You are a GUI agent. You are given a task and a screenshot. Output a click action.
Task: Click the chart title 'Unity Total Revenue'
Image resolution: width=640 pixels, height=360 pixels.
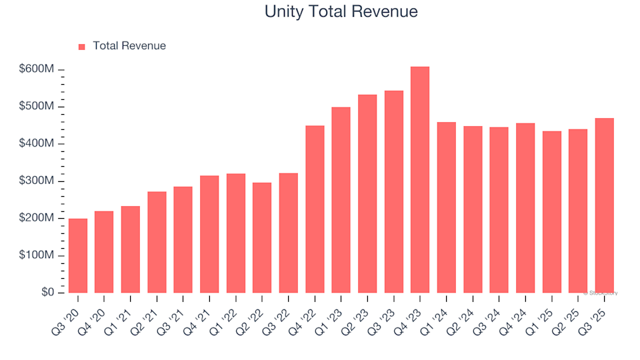[x=341, y=12]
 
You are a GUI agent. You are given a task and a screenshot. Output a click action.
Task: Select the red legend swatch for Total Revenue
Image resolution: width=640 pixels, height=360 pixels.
[x=82, y=47]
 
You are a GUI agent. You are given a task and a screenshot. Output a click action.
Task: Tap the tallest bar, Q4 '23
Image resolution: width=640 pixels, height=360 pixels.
[x=420, y=180]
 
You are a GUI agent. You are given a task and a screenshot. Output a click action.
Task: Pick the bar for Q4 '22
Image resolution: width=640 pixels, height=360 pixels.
[x=315, y=209]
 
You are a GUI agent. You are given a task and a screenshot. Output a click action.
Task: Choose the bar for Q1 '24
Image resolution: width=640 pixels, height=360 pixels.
[x=446, y=207]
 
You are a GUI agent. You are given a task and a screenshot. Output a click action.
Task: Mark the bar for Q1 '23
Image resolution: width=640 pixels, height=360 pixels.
[x=341, y=200]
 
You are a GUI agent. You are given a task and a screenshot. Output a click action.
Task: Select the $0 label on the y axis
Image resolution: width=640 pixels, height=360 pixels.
[x=47, y=293]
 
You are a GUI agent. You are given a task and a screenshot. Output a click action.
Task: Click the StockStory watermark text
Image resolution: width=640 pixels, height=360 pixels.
[x=601, y=293]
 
